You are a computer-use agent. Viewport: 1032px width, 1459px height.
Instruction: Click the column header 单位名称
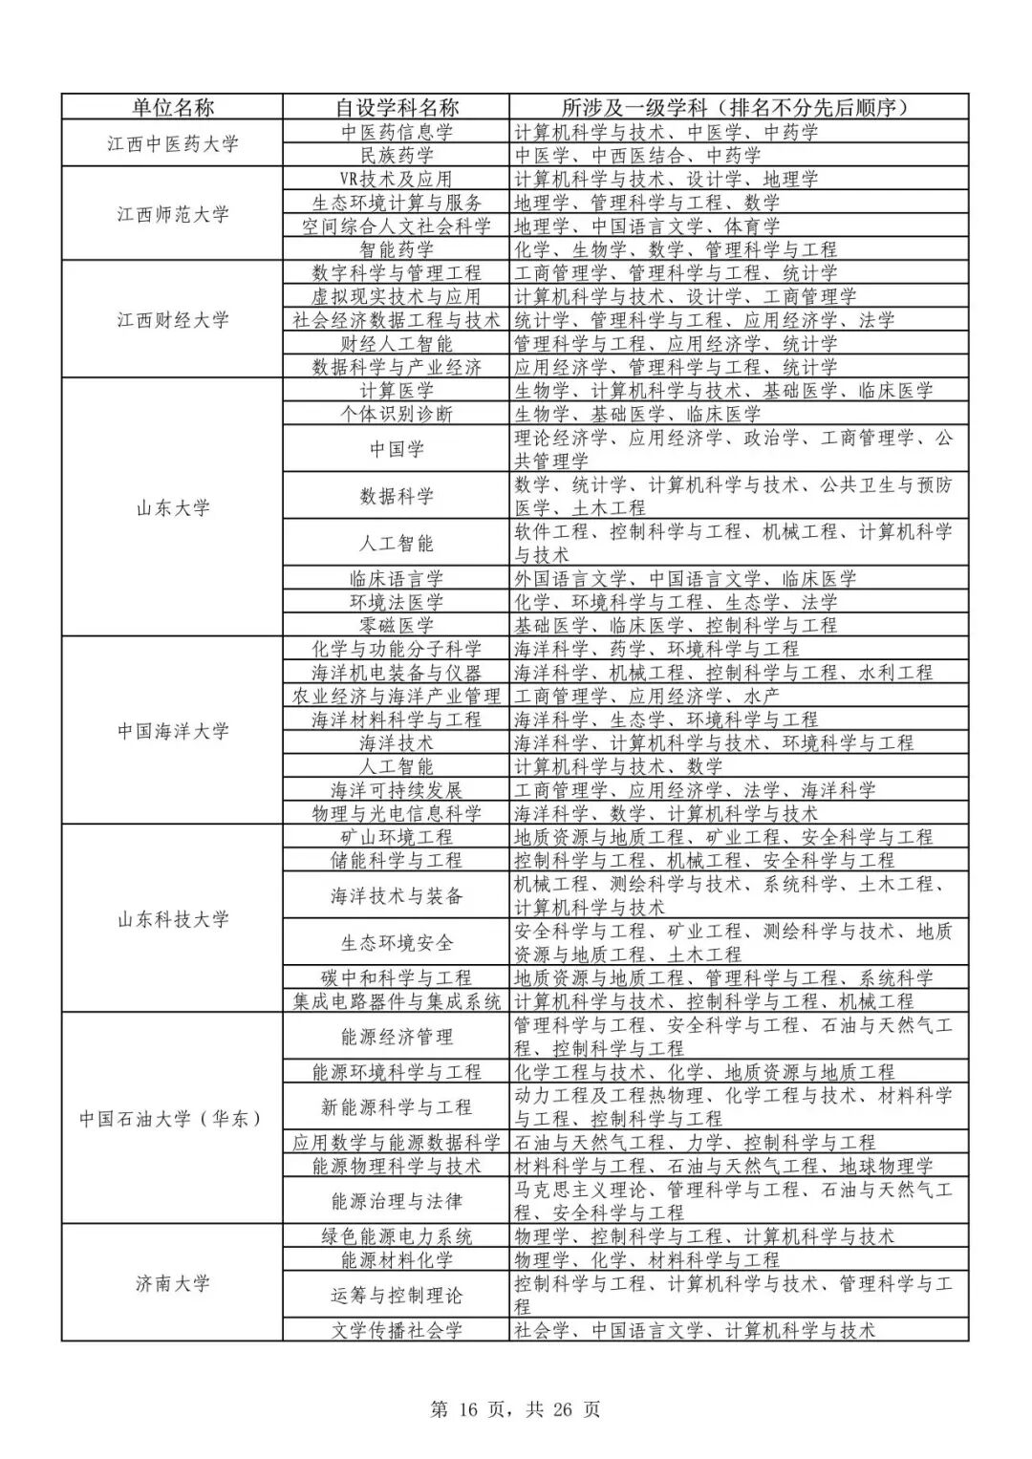(172, 107)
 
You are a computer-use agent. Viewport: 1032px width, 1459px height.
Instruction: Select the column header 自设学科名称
(397, 107)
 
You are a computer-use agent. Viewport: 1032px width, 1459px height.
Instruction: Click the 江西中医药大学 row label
(172, 143)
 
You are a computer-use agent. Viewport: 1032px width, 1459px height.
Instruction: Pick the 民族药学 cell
(397, 155)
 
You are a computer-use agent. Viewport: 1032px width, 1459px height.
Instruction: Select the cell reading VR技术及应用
(397, 179)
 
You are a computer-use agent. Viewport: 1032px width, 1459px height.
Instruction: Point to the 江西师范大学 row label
(172, 214)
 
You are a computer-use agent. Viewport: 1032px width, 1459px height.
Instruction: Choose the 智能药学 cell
(397, 249)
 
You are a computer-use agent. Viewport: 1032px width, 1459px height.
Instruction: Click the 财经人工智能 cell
(397, 343)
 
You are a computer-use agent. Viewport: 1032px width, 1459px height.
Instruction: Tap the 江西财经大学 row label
(172, 319)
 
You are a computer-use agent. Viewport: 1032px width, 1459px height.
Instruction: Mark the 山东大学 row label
(172, 507)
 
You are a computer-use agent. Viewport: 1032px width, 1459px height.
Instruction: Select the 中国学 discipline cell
(397, 449)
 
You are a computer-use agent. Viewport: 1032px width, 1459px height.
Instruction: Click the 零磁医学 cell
(397, 625)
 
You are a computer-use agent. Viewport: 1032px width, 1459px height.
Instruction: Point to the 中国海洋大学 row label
(172, 731)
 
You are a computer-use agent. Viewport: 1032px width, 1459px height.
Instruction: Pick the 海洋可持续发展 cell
(397, 790)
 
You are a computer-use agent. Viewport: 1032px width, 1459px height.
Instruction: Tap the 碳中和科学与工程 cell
(397, 977)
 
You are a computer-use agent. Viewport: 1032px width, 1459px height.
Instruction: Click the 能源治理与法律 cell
(397, 1201)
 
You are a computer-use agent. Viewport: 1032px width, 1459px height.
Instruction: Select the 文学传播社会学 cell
(397, 1330)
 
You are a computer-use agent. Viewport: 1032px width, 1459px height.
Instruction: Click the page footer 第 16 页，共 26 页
(516, 1409)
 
